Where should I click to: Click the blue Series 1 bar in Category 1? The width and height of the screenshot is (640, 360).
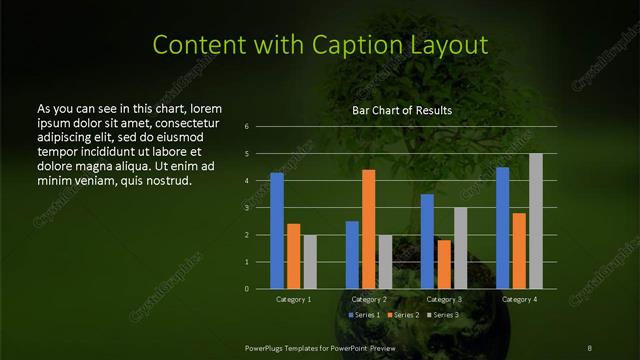point(277,231)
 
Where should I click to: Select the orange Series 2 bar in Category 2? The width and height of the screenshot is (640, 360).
point(368,229)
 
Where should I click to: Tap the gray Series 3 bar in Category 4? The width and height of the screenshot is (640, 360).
point(535,221)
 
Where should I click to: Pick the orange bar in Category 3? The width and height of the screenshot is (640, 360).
point(443,264)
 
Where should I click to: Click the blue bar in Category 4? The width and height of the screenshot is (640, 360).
point(502,228)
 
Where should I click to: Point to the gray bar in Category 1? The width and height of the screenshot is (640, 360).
point(310,262)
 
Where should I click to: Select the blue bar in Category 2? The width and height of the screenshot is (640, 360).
point(352,255)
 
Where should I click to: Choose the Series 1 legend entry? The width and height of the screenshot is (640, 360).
point(364,315)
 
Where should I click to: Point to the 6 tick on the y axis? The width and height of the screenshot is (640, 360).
point(246,127)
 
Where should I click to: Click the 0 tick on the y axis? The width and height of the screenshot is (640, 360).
point(246,289)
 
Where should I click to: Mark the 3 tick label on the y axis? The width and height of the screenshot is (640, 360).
point(246,208)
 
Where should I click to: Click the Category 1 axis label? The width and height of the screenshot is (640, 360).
point(293,299)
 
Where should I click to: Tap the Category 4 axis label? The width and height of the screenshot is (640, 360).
point(518,299)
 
